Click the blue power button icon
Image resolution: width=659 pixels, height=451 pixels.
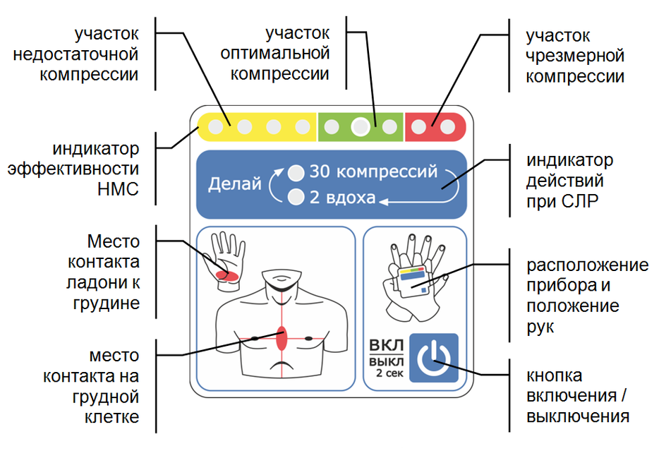[433, 358]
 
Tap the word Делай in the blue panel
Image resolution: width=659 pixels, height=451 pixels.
[230, 184]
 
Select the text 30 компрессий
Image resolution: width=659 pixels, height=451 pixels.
[373, 172]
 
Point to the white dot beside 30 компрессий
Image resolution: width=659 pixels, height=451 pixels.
[297, 172]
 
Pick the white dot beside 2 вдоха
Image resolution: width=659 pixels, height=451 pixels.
[297, 197]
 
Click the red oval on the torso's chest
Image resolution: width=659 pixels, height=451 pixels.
[282, 339]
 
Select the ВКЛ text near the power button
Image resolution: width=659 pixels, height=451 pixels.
[387, 346]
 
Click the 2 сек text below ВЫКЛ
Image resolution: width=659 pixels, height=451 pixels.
[389, 373]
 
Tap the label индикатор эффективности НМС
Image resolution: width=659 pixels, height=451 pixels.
[96, 169]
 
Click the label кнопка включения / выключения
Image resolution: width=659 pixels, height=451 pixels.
[577, 396]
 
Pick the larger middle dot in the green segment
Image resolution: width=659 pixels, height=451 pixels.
[361, 127]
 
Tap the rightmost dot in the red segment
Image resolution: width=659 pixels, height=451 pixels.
[447, 127]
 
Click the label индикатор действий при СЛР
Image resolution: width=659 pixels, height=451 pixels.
[570, 181]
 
